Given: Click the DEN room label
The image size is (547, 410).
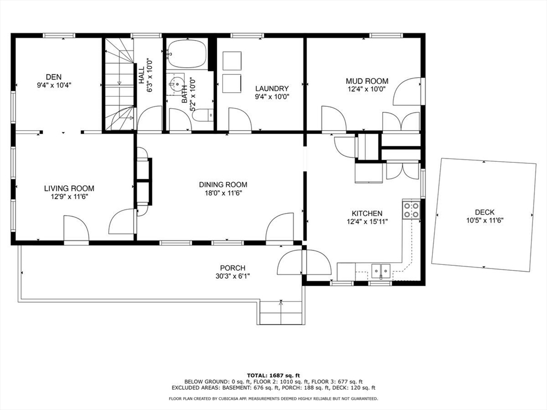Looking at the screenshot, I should tap(53, 77).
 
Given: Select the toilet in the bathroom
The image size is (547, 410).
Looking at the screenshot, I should tap(202, 115).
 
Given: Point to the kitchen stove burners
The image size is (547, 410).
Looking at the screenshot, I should tap(411, 210).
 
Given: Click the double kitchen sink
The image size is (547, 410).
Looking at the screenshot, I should tap(381, 271).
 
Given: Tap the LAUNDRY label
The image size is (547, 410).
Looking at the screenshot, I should tap(272, 89).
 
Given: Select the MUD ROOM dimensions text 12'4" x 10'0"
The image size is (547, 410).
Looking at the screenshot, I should tap(367, 89).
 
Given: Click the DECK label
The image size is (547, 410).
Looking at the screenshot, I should tap(485, 212).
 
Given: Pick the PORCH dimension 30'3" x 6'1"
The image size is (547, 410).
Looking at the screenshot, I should tap(233, 276).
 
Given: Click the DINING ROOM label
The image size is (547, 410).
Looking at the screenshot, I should tap(223, 185).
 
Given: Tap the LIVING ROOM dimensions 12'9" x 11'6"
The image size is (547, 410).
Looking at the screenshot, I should tap(69, 196).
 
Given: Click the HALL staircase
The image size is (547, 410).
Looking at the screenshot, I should tap(119, 85).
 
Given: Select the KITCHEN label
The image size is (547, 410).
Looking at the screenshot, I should tap(366, 213).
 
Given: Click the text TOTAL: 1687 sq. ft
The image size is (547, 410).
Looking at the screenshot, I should tap(273, 375).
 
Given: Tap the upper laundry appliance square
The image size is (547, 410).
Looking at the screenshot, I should tap(232, 61).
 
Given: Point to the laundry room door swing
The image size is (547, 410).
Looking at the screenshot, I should tap(239, 119).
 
